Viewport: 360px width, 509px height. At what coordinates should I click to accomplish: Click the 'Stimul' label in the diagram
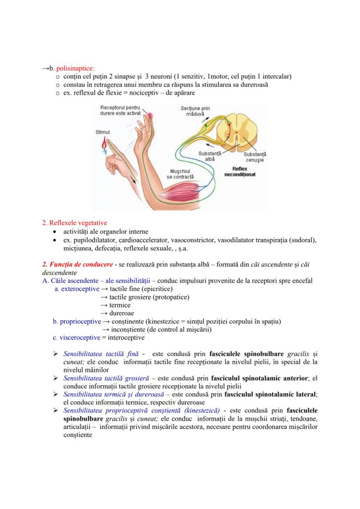click(103, 132)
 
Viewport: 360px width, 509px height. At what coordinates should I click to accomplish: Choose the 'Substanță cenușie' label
click(255, 157)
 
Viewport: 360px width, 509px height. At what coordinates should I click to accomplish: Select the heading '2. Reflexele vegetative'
click(74, 223)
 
